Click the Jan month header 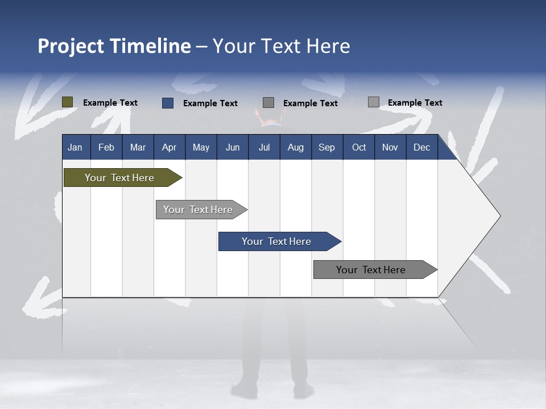click(x=75, y=147)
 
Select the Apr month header click(x=169, y=147)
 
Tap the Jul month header click(x=264, y=147)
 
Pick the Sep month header click(x=326, y=147)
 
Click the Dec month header click(x=421, y=147)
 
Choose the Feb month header click(x=106, y=147)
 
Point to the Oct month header click(x=359, y=147)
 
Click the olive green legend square click(x=68, y=102)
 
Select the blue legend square click(x=168, y=103)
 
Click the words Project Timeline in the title click(x=114, y=46)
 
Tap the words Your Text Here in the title click(x=281, y=46)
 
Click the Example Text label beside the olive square click(x=110, y=103)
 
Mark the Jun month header click(x=233, y=147)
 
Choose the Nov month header click(x=390, y=147)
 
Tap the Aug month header click(x=296, y=147)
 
